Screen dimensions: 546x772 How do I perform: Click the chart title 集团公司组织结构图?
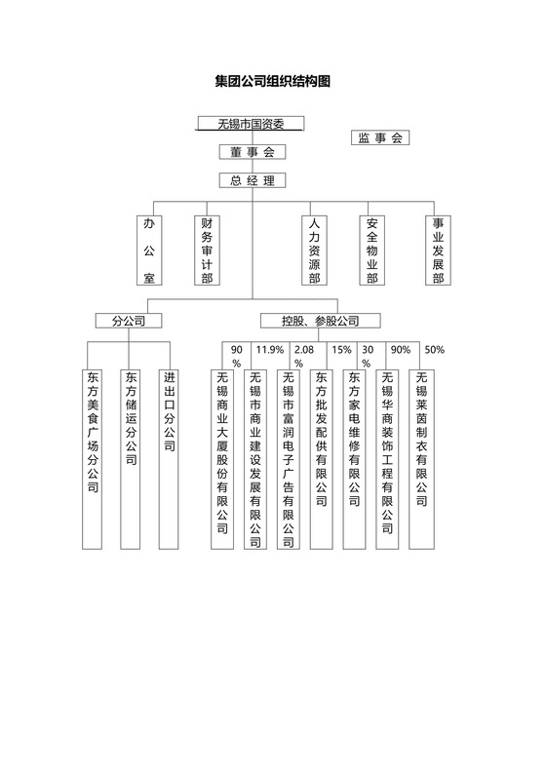point(272,82)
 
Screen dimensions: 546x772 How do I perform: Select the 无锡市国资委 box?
point(251,124)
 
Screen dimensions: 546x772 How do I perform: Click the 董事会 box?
point(252,152)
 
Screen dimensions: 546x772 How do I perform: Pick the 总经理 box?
point(252,180)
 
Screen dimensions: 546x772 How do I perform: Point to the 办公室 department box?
point(149,251)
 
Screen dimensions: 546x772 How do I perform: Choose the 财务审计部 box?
point(206,251)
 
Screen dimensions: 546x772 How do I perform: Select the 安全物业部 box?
point(371,251)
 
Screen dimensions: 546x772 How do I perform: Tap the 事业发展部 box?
point(438,251)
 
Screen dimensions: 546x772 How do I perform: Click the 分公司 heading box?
point(128,321)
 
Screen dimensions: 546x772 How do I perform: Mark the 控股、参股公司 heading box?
point(320,321)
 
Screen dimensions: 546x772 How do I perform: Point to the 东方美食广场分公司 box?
point(93,458)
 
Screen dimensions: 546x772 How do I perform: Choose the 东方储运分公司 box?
point(132,458)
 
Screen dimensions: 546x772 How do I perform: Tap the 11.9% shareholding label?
point(269,350)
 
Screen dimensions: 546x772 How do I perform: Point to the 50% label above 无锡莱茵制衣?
point(435,350)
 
